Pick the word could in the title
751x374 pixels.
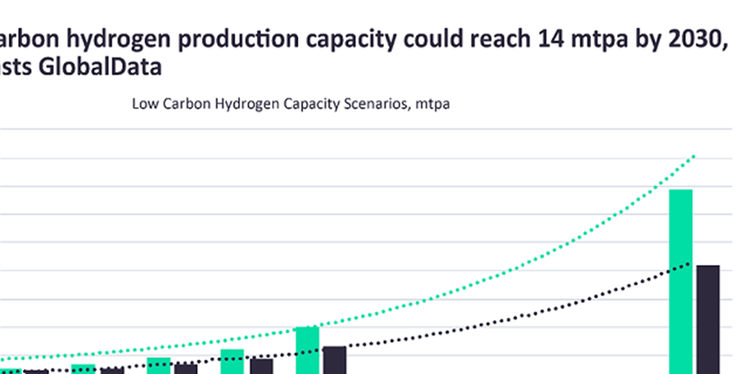pos(433,40)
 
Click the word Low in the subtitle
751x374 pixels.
pos(142,104)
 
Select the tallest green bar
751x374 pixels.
pos(681,280)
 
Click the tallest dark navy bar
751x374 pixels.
pos(708,319)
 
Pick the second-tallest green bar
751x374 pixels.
pos(308,350)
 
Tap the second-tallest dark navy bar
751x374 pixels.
pos(334,359)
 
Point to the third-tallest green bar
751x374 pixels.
pos(232,361)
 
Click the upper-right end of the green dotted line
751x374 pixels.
pos(694,156)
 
